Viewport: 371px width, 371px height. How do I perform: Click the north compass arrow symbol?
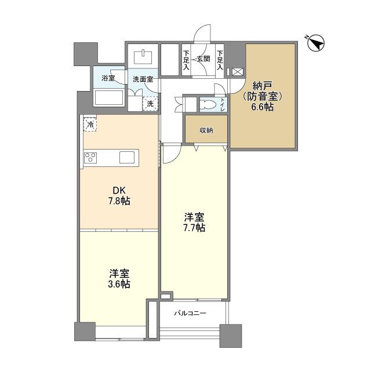click(x=316, y=43)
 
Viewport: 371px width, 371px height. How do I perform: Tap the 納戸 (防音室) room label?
click(x=263, y=91)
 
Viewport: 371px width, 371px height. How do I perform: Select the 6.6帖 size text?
click(x=263, y=107)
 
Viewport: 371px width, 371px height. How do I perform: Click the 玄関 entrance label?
click(x=203, y=59)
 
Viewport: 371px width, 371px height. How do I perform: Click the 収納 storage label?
click(x=206, y=130)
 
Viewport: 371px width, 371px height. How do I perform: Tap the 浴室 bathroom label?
click(x=108, y=78)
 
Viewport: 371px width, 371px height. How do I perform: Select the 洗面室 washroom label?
click(x=143, y=79)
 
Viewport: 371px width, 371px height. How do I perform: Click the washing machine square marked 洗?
click(x=150, y=104)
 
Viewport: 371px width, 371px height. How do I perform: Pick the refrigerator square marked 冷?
click(x=90, y=124)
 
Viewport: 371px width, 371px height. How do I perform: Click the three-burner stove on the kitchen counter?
click(x=90, y=157)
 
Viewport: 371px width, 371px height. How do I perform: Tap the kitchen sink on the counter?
click(x=127, y=157)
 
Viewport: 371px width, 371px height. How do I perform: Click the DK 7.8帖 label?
click(x=119, y=196)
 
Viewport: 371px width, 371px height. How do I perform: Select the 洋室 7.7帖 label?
click(x=194, y=222)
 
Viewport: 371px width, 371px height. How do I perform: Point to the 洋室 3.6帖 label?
click(x=119, y=279)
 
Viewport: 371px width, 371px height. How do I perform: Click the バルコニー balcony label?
click(x=190, y=314)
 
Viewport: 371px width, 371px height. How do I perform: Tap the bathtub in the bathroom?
click(x=109, y=98)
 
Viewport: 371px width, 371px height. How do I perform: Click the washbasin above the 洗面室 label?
click(x=143, y=57)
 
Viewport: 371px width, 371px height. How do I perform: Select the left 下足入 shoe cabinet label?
click(x=187, y=60)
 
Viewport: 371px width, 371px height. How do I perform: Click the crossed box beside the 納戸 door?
click(x=237, y=72)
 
